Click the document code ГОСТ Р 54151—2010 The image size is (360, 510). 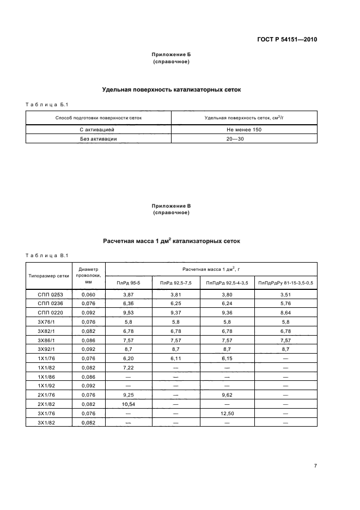[288, 40]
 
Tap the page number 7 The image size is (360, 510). [315, 465]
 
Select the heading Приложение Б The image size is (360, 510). [171, 55]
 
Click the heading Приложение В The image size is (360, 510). [171, 205]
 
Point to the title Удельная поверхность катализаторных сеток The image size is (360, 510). [171, 90]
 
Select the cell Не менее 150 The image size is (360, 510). [244, 130]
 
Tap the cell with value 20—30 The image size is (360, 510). [244, 138]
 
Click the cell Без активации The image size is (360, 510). [98, 138]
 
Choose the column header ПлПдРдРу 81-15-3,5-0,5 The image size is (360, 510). [286, 282]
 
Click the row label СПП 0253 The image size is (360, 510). [50, 294]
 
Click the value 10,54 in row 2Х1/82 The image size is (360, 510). [129, 405]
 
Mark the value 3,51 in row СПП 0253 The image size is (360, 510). [286, 294]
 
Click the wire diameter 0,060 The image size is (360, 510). [88, 294]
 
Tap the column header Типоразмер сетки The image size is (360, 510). [49, 275]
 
